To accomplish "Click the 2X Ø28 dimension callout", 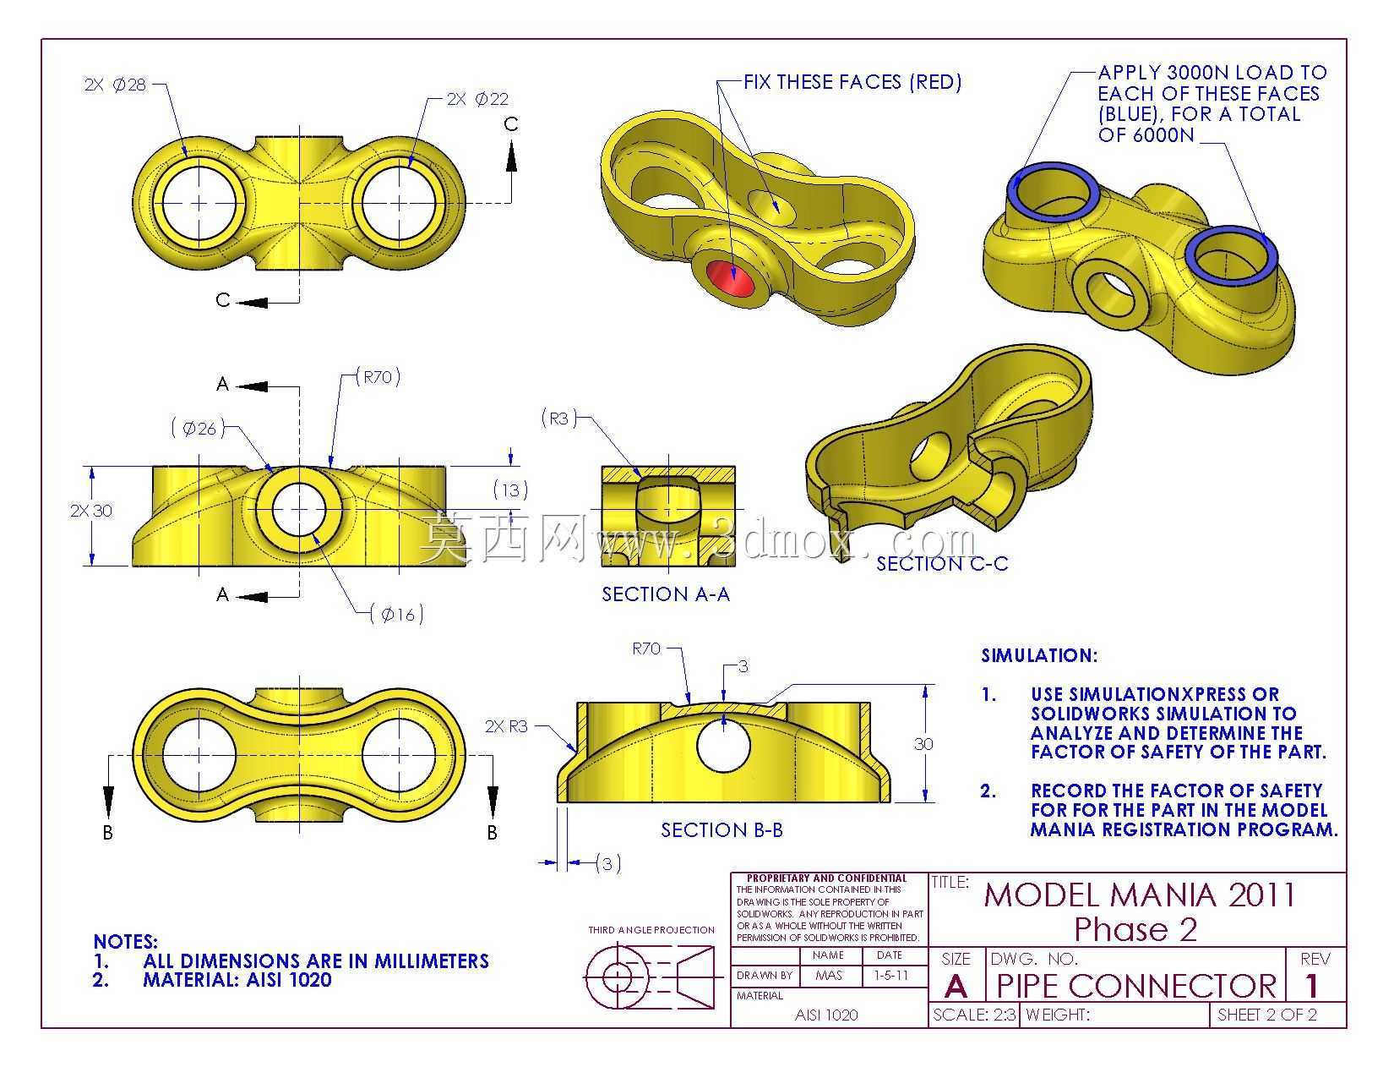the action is coord(116,85).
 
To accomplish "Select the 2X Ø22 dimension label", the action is coord(478,99).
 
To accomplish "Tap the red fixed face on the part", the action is coord(731,279).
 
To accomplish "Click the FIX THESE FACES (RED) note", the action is coord(852,82).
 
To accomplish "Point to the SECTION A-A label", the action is coord(666,594).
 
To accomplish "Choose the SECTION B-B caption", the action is coord(722,830).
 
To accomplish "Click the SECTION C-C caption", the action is coord(942,564).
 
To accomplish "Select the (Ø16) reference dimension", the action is coord(398,615).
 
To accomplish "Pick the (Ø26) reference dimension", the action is coord(199,429).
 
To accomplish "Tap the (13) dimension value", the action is coord(510,490).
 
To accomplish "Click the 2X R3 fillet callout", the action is coord(506,726).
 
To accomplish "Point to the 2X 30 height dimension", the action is coord(91,511).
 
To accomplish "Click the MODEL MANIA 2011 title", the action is coord(1140,895).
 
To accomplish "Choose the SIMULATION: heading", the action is coord(1039,655).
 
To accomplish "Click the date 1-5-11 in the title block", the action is coord(891,975).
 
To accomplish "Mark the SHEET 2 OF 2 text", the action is coord(1267,1015).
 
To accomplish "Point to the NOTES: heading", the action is coord(126,942).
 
